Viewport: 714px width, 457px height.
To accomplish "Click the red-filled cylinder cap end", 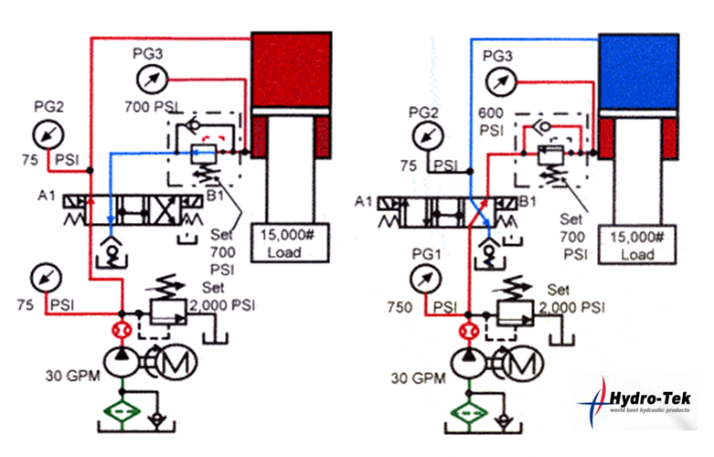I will tap(291, 69).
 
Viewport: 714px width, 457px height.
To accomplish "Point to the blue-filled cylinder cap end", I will tap(639, 69).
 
